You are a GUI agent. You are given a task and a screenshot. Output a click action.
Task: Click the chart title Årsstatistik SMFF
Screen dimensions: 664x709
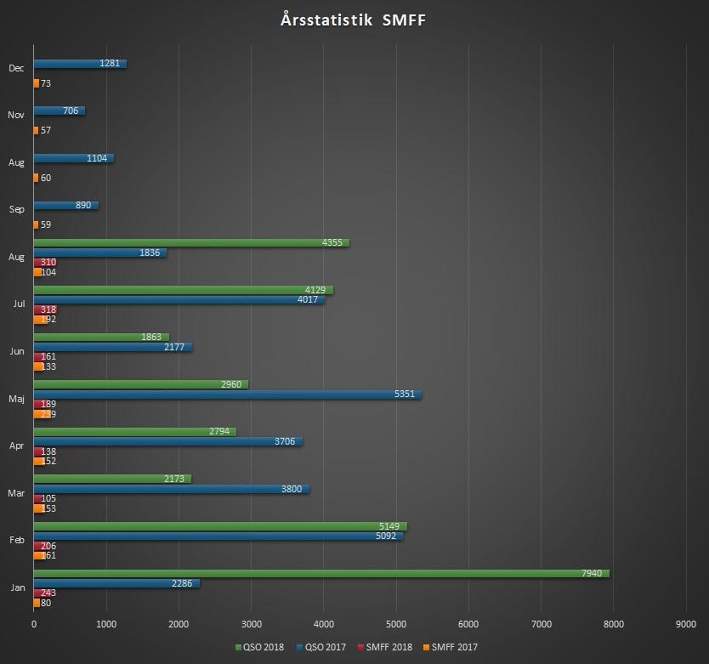pos(353,20)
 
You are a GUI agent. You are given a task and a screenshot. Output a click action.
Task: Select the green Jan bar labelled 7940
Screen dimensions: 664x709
pos(321,574)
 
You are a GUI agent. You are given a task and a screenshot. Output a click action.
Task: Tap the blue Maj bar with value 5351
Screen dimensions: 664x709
pos(228,394)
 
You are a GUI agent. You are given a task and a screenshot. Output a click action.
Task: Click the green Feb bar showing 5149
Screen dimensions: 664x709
pos(220,526)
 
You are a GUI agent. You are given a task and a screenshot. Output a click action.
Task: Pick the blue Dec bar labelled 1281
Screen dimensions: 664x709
pos(80,64)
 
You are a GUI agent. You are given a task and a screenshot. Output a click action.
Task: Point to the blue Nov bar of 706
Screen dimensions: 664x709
pos(60,111)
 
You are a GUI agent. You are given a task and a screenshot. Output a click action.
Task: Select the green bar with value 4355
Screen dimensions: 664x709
pos(191,243)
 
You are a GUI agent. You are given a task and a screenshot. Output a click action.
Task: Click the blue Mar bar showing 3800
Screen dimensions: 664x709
pos(172,489)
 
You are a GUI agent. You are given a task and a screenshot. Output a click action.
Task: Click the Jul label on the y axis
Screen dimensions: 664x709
pos(19,304)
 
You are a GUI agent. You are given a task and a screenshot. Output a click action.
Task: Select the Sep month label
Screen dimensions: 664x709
pos(17,209)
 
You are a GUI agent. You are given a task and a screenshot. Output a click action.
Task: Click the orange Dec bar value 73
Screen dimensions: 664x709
pos(37,83)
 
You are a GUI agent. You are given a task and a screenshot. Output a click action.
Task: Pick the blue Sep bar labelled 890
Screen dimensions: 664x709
pos(66,206)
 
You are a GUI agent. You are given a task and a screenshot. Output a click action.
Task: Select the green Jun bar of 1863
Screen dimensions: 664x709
pos(101,338)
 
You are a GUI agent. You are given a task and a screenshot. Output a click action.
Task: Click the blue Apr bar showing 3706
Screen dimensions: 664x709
pos(168,442)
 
